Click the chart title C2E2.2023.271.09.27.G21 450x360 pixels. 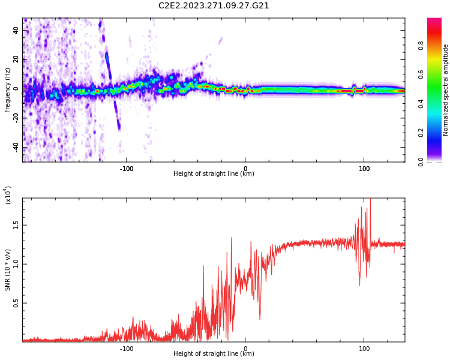tap(214, 5)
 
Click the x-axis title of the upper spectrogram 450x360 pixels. tap(214, 174)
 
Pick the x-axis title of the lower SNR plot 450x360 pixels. tap(214, 353)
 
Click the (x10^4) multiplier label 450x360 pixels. tap(8, 195)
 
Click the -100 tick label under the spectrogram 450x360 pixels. tap(127, 168)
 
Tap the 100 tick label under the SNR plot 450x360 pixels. tap(364, 348)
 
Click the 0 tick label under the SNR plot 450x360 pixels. tap(245, 348)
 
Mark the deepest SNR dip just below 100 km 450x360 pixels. tap(359, 284)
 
